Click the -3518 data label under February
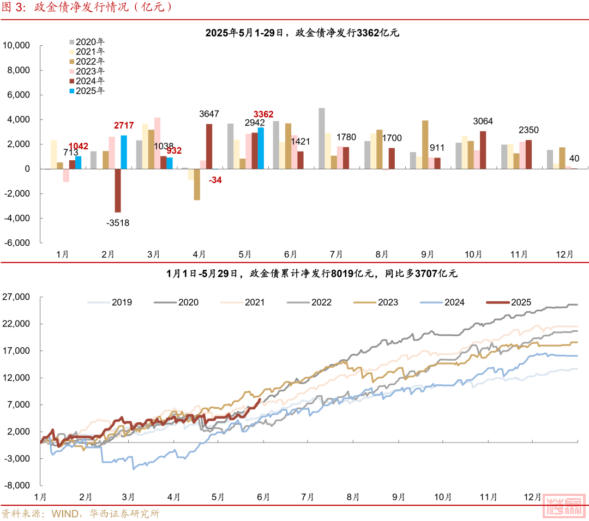tap(118, 222)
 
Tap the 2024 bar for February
tap(118, 190)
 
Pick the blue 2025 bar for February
tap(124, 152)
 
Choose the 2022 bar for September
tap(425, 144)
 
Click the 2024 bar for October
tap(483, 150)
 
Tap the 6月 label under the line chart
tap(263, 497)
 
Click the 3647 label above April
tap(209, 114)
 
